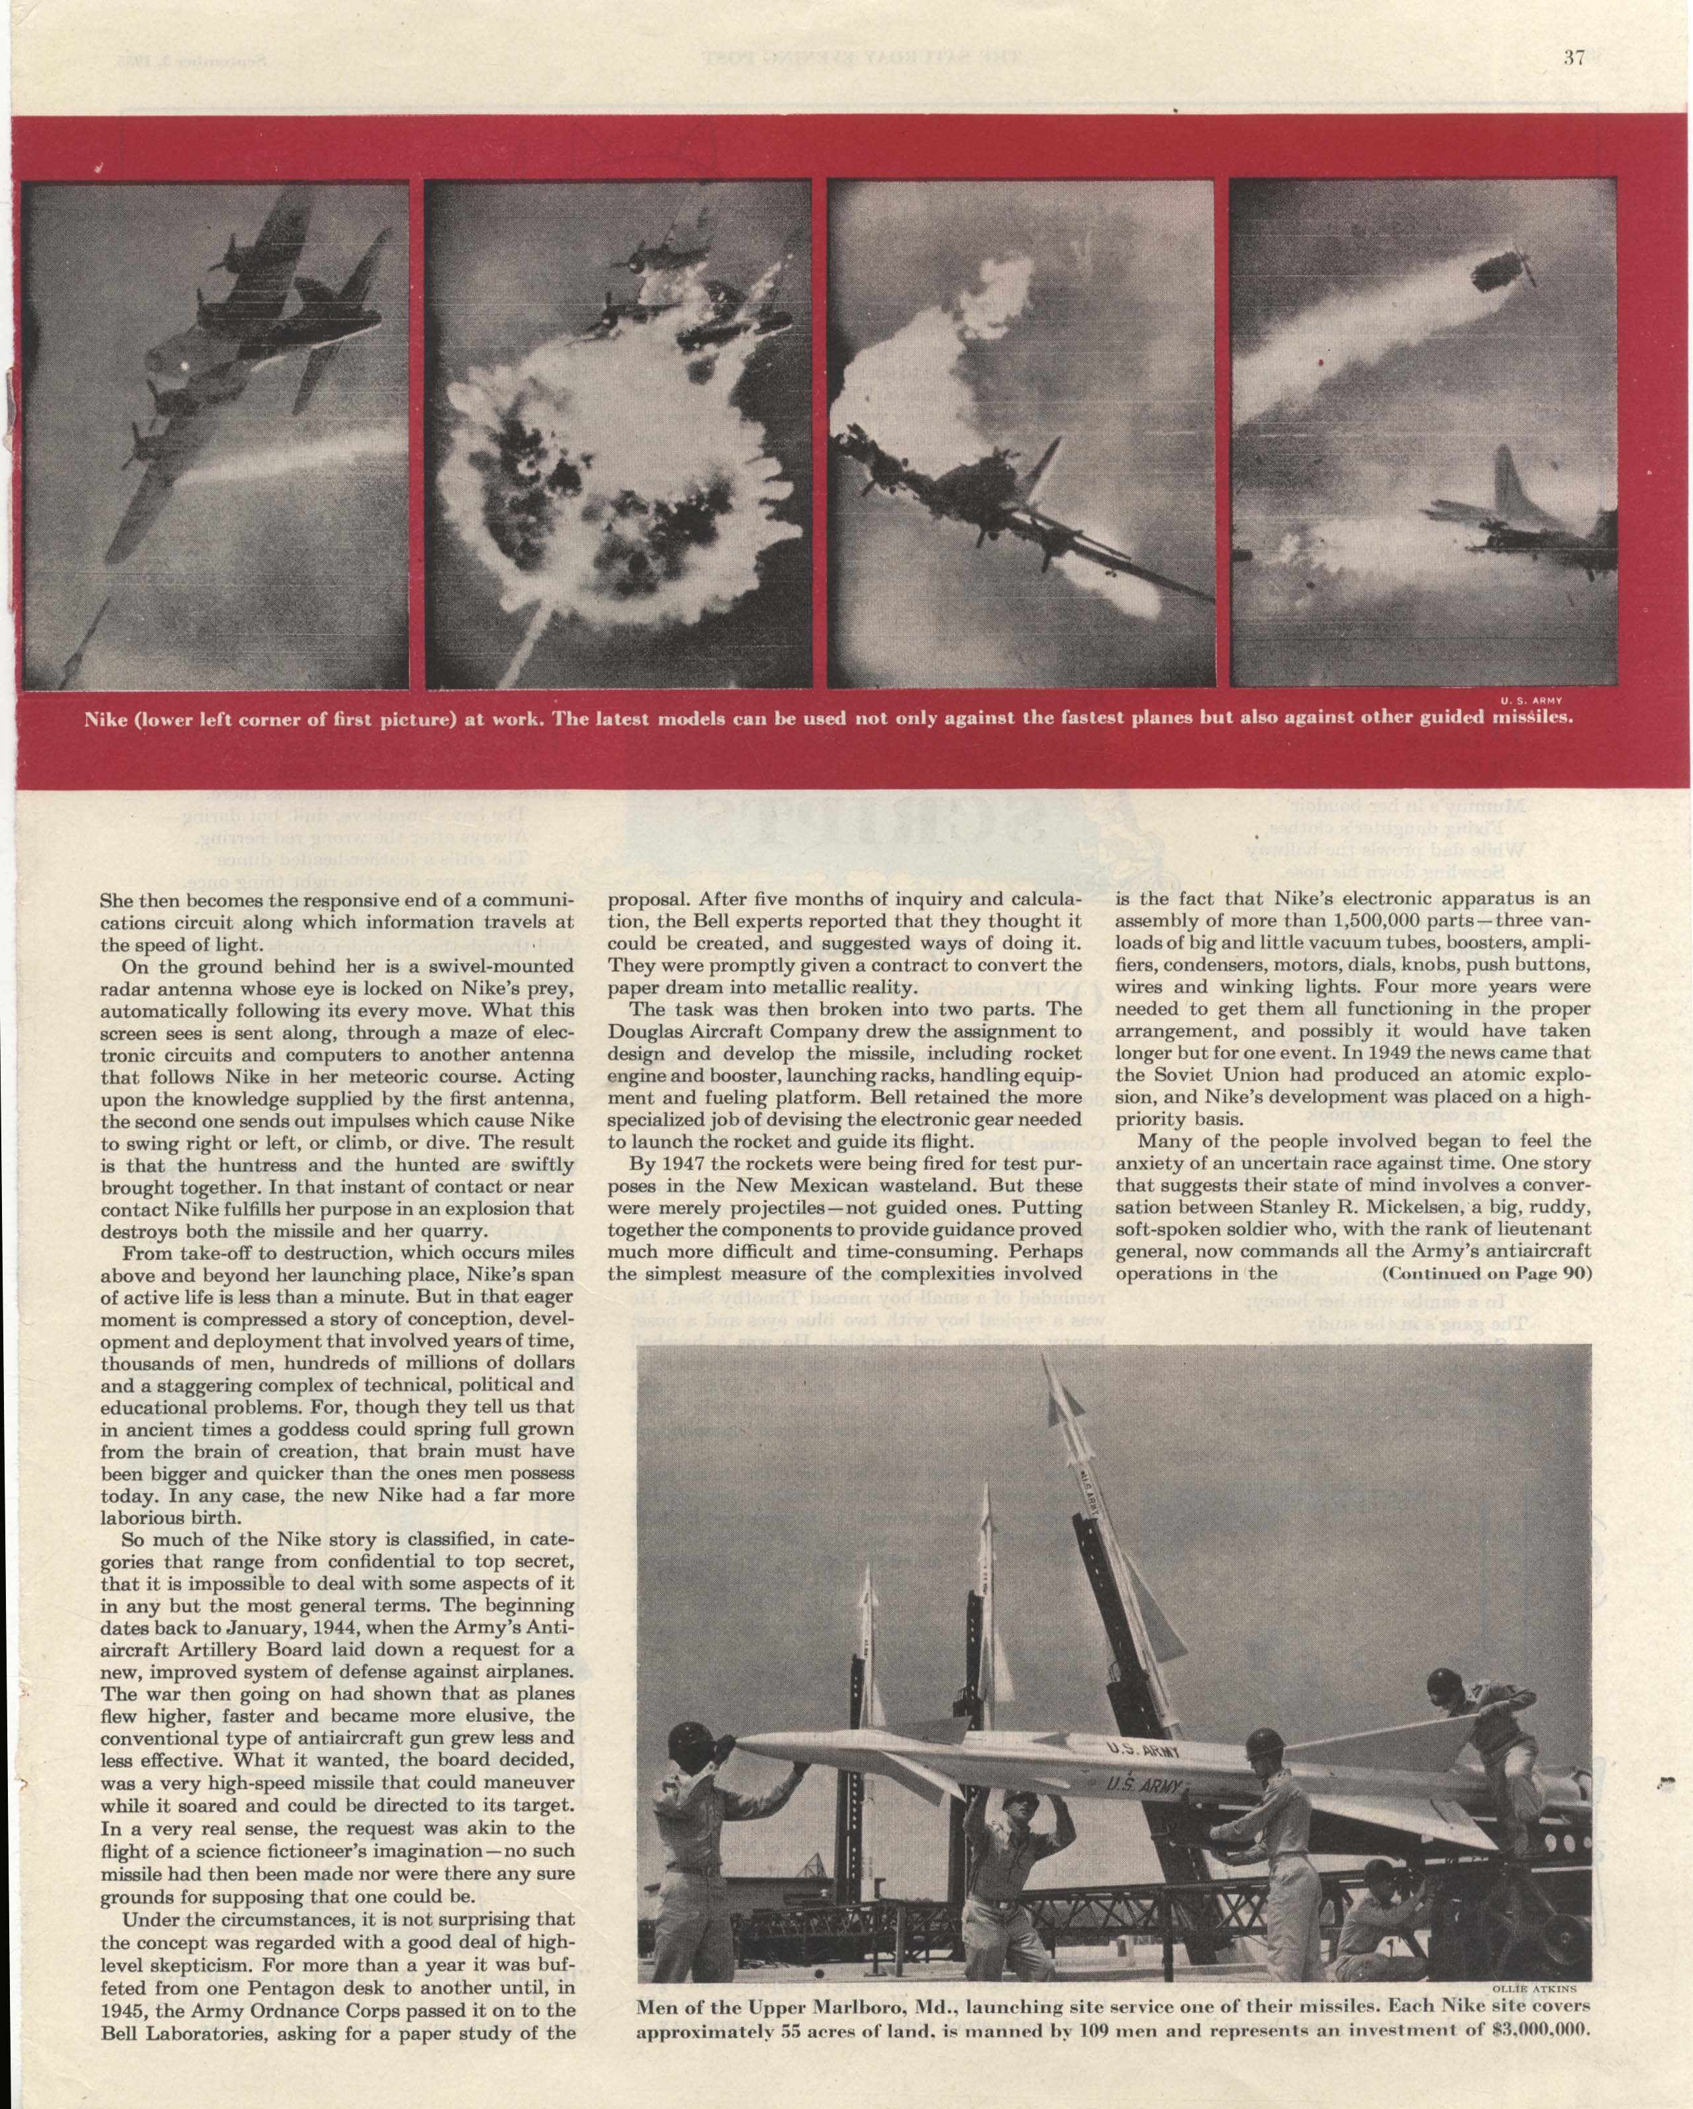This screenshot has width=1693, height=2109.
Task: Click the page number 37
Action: coord(1573,57)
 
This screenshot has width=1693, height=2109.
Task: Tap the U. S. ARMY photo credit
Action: coord(1534,700)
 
